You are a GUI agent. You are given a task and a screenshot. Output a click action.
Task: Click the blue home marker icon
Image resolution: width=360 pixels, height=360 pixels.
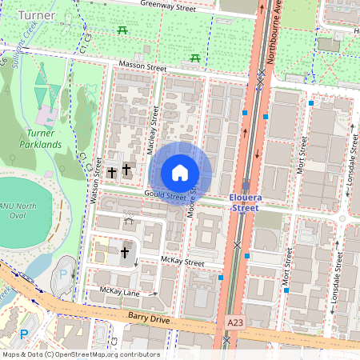(180, 172)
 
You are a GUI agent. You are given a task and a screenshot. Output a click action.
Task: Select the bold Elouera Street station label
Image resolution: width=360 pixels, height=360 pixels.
(250, 202)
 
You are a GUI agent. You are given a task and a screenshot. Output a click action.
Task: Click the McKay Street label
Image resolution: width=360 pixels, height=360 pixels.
(182, 261)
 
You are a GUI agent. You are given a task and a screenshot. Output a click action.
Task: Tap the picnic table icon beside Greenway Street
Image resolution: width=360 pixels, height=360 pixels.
(122, 30)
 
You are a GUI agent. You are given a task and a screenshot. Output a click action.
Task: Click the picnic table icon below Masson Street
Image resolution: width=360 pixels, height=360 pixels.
(194, 58)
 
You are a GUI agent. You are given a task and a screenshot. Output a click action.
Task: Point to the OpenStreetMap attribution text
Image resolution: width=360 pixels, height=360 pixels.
(80, 354)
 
